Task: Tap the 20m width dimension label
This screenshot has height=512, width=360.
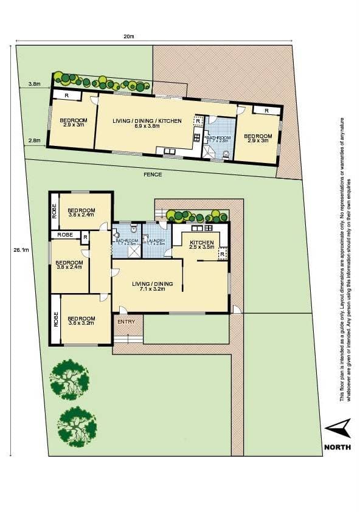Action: (x=128, y=36)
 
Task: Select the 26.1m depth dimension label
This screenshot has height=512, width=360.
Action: (x=20, y=249)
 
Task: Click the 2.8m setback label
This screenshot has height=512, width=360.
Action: (x=34, y=140)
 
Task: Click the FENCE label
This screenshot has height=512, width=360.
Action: (x=152, y=175)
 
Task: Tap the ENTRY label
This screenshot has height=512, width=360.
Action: (x=126, y=321)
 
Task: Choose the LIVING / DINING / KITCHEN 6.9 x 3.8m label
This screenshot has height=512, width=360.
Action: (x=147, y=124)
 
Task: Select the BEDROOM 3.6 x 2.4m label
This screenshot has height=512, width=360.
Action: (x=81, y=212)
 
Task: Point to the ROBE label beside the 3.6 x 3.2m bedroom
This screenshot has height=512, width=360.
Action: (x=55, y=319)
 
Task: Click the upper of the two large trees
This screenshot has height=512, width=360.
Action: (x=69, y=378)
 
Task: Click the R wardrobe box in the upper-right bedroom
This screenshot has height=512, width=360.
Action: (x=266, y=111)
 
